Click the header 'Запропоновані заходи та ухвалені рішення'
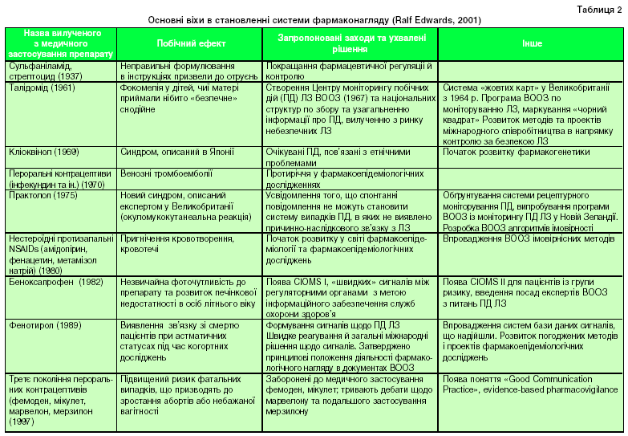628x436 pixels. click(350, 43)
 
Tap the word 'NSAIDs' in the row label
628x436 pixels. click(26, 248)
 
